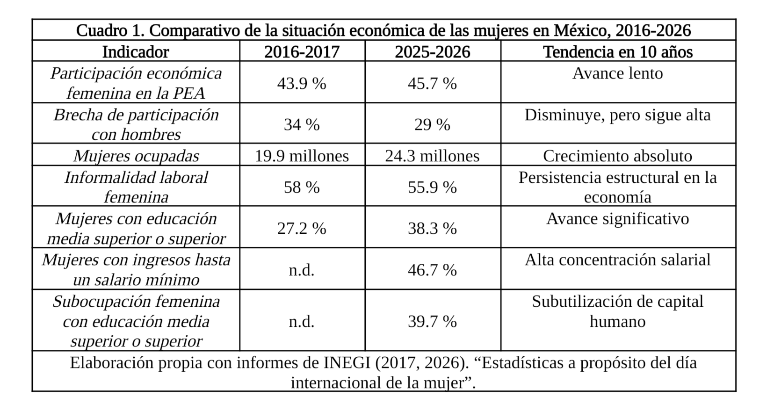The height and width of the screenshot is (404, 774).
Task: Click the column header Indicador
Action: click(136, 51)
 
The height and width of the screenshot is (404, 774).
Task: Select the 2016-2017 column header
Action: click(302, 51)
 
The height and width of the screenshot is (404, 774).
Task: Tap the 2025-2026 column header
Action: click(432, 51)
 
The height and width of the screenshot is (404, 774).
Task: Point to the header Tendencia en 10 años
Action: click(617, 51)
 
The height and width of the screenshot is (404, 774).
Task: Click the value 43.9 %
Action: click(302, 83)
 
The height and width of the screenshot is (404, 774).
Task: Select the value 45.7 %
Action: click(432, 83)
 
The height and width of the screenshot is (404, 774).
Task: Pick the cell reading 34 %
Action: click(302, 124)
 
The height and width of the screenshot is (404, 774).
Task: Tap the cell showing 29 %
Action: click(432, 124)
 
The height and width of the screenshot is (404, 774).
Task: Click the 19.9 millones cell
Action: click(302, 156)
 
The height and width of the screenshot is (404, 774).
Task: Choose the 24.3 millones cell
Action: click(432, 156)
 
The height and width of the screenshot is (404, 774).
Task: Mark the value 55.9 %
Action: click(432, 187)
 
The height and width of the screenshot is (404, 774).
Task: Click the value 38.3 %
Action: click(432, 228)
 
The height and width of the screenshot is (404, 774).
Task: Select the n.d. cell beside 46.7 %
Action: click(302, 270)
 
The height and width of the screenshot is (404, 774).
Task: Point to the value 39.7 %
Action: click(432, 321)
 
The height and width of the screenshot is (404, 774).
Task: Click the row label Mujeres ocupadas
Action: click(136, 156)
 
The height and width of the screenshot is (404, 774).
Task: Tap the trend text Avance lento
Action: click(617, 73)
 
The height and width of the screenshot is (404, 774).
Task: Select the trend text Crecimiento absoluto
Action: click(617, 156)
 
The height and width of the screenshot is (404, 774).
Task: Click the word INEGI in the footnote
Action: click(347, 363)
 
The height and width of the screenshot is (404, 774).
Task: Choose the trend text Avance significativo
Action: click(617, 219)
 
